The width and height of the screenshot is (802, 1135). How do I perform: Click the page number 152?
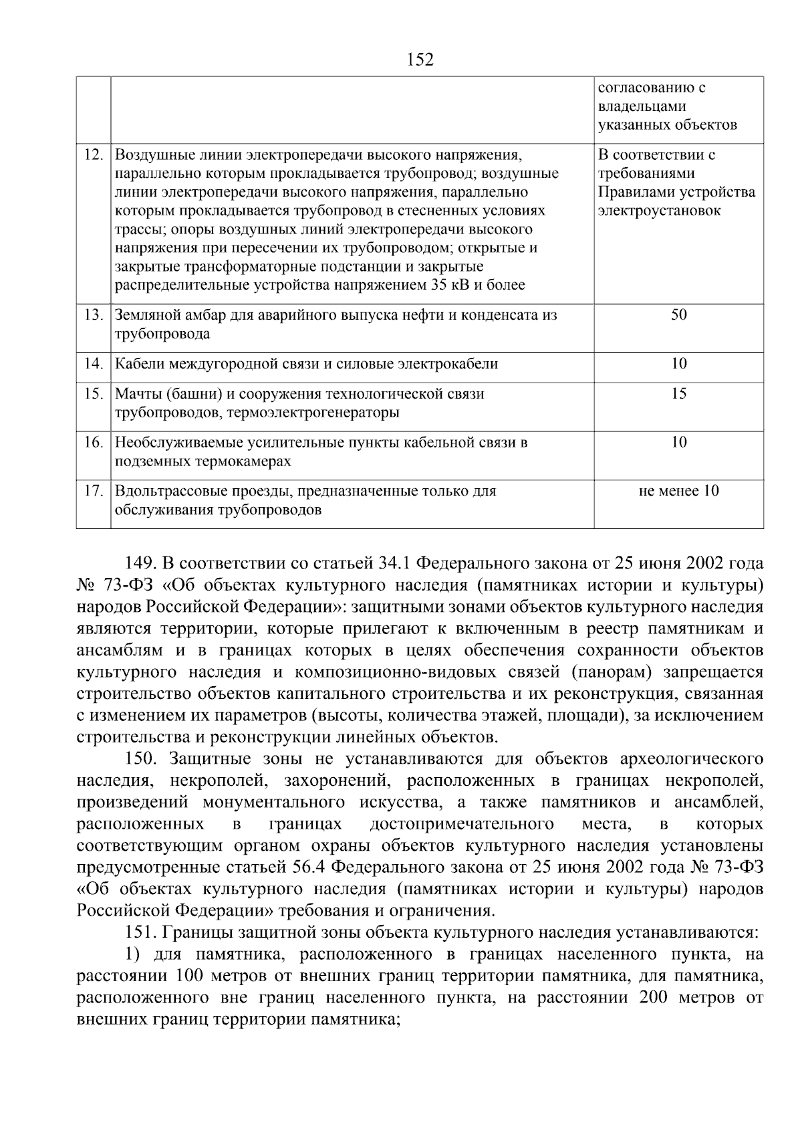pyautogui.click(x=420, y=60)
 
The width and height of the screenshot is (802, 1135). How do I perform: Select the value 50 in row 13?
pyautogui.click(x=678, y=315)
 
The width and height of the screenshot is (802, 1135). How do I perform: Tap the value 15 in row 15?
pyautogui.click(x=678, y=394)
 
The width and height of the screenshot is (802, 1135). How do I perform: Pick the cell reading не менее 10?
pyautogui.click(x=678, y=491)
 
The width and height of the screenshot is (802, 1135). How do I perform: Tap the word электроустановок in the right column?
pyautogui.click(x=659, y=211)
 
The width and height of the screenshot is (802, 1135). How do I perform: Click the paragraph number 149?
pyautogui.click(x=140, y=563)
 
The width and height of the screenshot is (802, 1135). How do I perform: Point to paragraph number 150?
pyautogui.click(x=140, y=759)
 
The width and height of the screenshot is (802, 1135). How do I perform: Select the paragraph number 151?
pyautogui.click(x=140, y=932)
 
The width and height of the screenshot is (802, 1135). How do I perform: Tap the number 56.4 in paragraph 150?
pyautogui.click(x=309, y=867)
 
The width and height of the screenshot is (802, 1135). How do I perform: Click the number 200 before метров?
pyautogui.click(x=655, y=998)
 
